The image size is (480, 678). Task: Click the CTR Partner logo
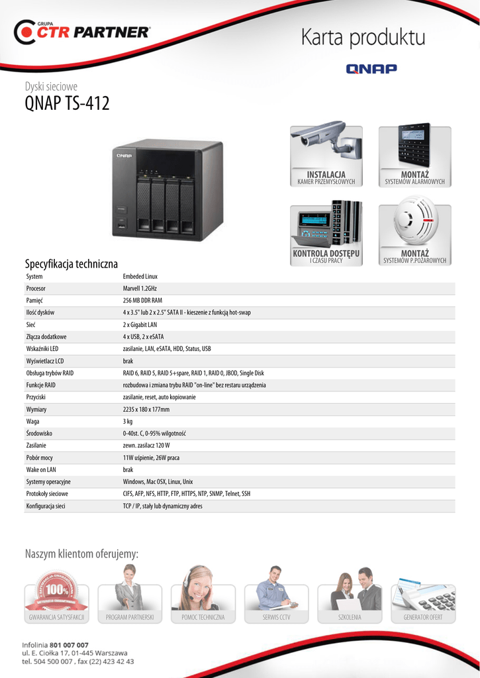coord(83,32)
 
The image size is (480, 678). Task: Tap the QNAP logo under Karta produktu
coord(371,68)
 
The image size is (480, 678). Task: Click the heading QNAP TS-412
coord(67,104)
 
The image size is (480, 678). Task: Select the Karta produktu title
coord(363,37)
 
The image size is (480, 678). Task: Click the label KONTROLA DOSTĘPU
coord(326,254)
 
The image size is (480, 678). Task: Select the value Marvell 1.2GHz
coord(140,289)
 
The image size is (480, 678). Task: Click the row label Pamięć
coord(34,301)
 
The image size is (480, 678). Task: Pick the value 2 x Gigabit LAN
coord(140,324)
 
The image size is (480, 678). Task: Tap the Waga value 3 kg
coord(128,421)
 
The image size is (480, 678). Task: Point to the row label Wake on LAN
coord(41,469)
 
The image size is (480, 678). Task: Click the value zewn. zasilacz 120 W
coord(151,446)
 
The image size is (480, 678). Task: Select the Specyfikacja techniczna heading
coord(71,264)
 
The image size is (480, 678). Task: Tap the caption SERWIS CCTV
coord(276,617)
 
